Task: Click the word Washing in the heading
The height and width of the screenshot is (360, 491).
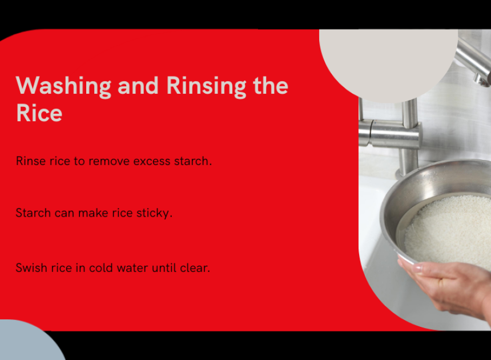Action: pos(63,86)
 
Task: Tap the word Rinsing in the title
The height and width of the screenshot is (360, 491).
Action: pos(206,86)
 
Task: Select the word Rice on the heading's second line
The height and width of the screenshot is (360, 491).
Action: pos(39,113)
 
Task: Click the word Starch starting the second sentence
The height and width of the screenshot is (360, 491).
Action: pos(33,213)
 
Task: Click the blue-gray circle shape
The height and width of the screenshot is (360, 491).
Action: pos(28,342)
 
